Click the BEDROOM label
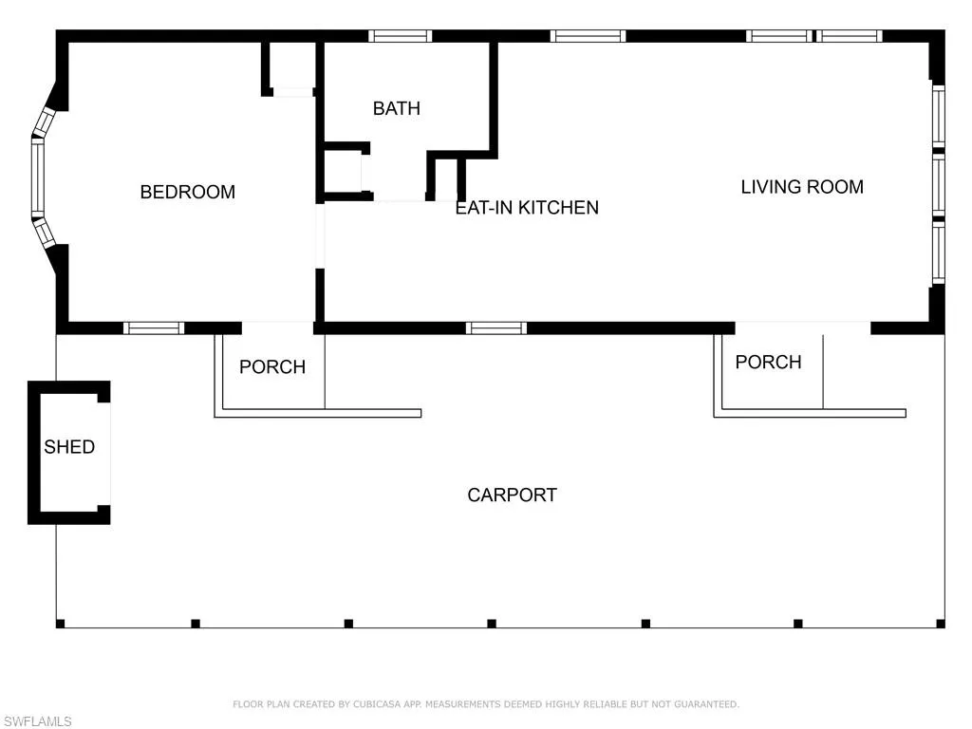188,192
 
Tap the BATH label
397,108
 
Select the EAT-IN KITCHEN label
527,208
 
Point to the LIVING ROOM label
802,187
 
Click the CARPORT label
512,495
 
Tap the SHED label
69,447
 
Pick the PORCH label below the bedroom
272,367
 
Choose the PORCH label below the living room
768,362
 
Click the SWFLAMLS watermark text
37,721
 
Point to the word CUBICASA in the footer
377,704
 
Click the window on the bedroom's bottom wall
154,327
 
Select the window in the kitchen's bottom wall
496,327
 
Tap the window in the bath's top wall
400,36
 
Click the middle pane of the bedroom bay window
38,177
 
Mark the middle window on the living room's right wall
939,185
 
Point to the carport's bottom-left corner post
60,624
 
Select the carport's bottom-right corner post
941,624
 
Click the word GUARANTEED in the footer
706,704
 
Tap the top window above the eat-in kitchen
588,36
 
